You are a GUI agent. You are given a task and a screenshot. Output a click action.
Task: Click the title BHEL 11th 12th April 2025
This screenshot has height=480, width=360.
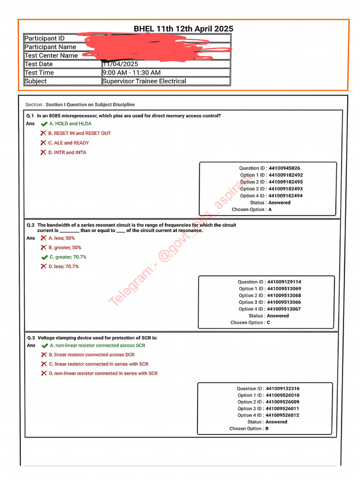pos(183,29)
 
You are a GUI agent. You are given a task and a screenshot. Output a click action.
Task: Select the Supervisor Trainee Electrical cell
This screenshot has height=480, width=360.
pos(144,81)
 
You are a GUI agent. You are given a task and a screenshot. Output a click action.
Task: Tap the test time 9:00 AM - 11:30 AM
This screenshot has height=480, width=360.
pos(131,73)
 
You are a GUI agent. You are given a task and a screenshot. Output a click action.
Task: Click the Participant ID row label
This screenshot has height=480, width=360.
pos(45,38)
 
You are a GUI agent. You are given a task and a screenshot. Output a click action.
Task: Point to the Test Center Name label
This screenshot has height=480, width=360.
pos(51,55)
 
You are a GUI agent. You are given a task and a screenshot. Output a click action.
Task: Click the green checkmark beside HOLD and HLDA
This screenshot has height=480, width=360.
pos(44,124)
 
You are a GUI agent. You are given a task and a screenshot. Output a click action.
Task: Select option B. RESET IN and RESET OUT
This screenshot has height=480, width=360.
pos(82,133)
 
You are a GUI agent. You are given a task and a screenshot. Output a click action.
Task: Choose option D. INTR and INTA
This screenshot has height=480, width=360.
pos(67,152)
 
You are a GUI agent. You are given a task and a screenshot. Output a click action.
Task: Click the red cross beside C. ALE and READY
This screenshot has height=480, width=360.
pos(43,143)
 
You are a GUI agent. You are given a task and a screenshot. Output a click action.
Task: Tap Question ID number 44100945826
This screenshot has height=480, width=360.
pos(284,168)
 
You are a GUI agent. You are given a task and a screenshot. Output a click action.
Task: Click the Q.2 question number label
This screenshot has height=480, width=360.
pos(30,225)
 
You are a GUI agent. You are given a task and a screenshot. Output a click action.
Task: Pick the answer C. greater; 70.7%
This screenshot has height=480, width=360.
pos(67,257)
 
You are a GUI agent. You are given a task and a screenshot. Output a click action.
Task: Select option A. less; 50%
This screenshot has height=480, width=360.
pos(61,238)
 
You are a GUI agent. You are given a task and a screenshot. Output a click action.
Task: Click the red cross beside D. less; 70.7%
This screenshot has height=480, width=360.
pos(43,267)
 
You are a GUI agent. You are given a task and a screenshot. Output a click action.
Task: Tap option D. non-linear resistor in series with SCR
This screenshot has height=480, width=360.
pos(103,374)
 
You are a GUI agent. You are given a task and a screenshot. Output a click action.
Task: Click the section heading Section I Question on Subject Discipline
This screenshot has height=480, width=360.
pos(80,105)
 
